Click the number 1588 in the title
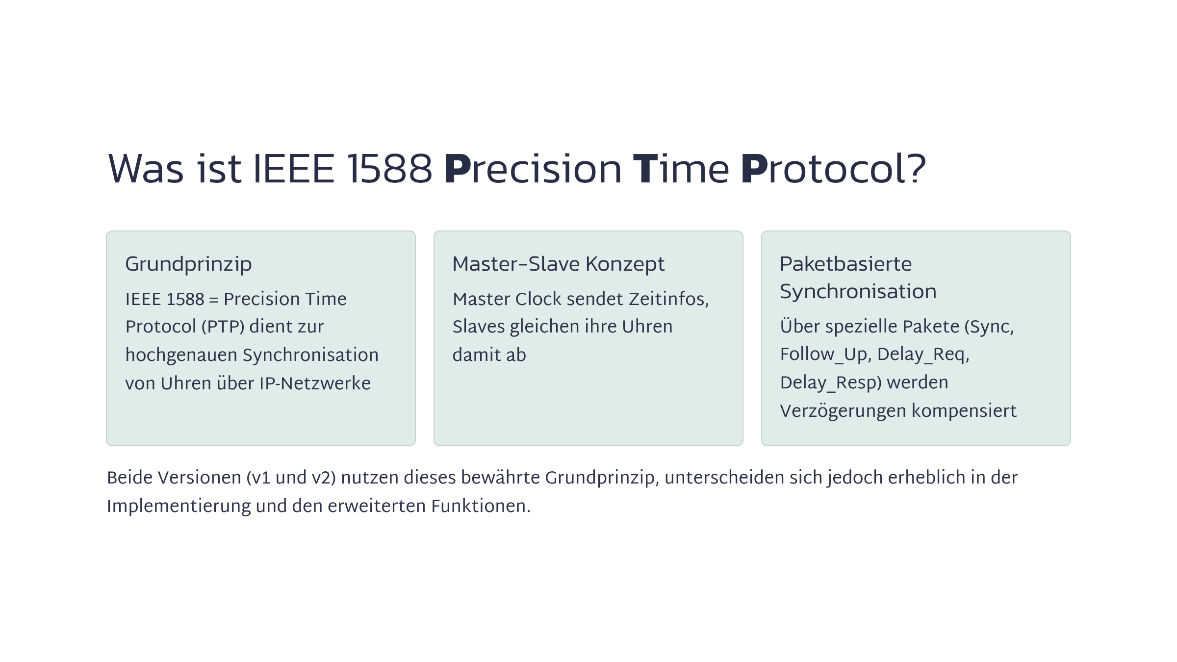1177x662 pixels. (x=390, y=169)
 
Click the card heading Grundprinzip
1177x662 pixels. (x=188, y=265)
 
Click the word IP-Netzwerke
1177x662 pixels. (x=315, y=383)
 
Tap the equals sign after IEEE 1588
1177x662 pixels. (x=214, y=300)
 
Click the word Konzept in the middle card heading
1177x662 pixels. (x=625, y=265)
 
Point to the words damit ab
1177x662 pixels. (x=489, y=355)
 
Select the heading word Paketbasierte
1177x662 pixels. (x=845, y=264)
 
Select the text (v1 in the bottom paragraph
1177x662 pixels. (x=258, y=478)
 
